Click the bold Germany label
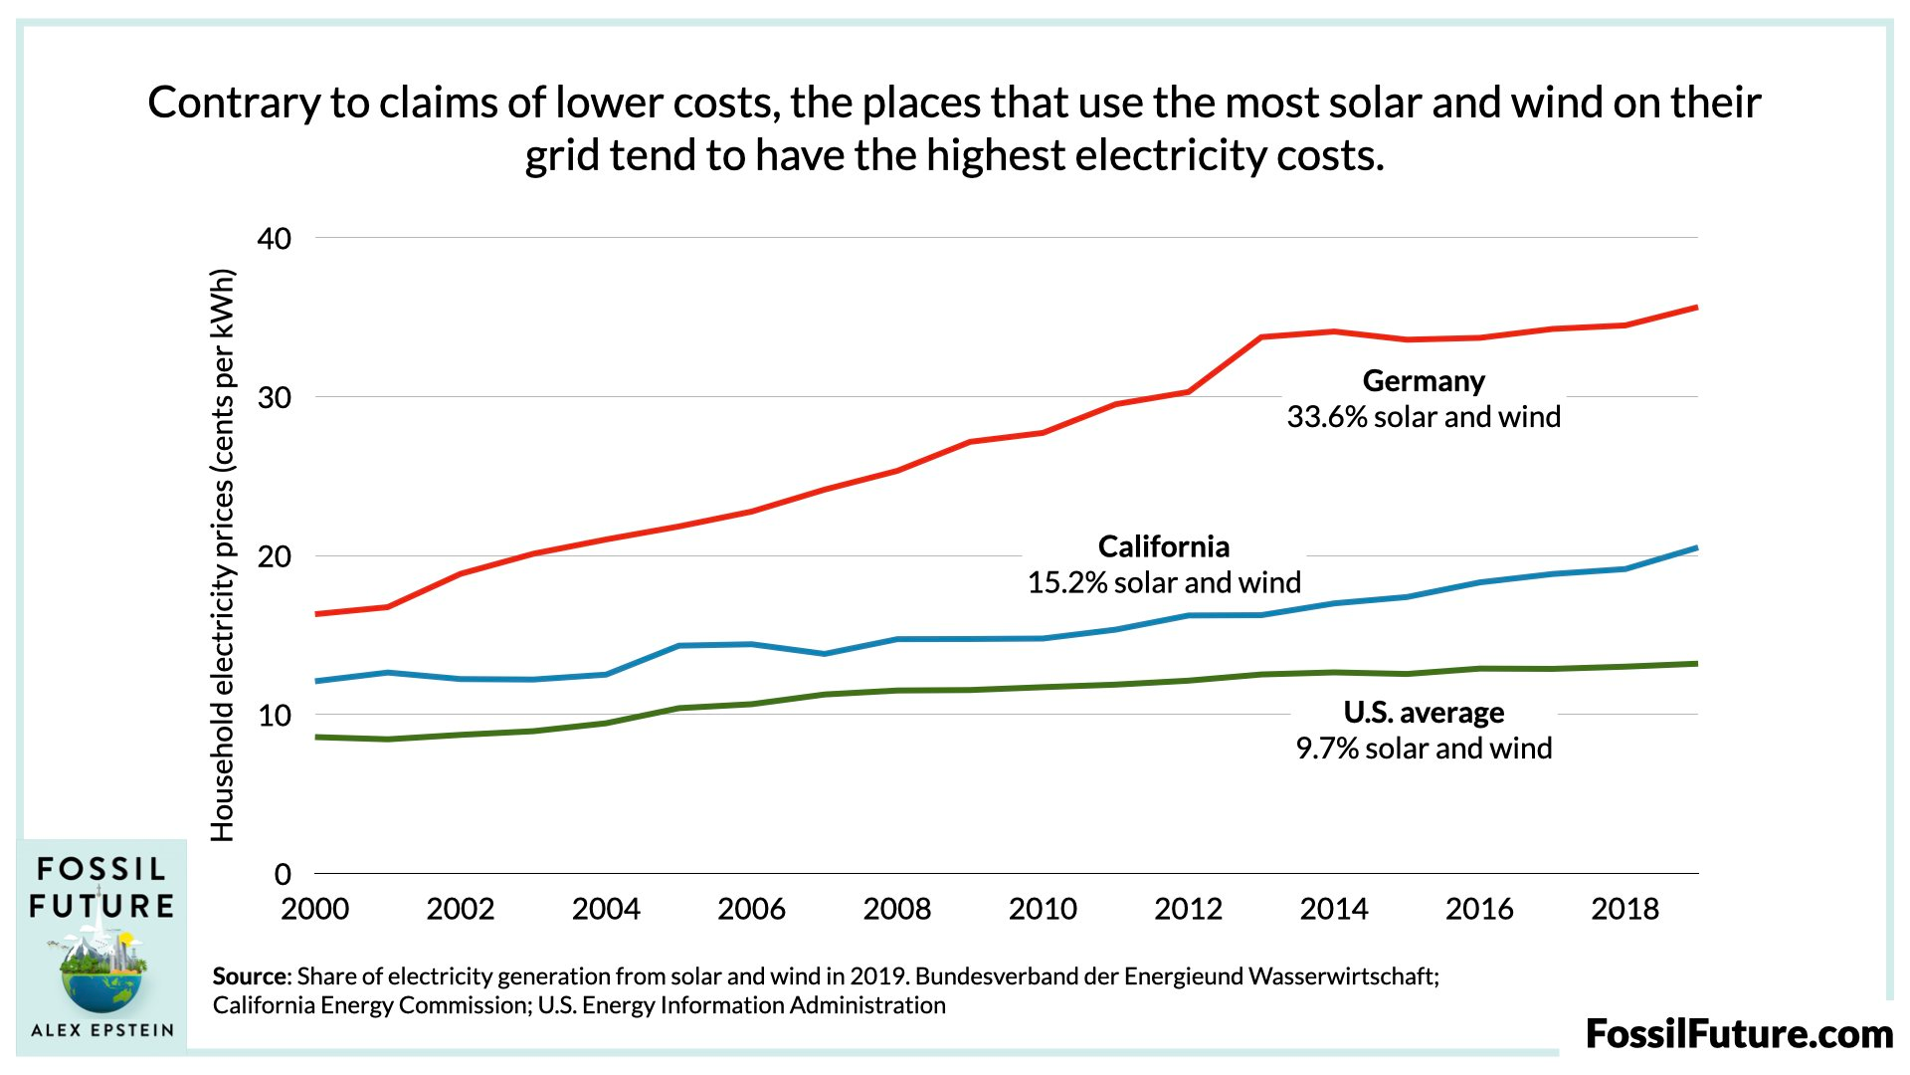click(x=1423, y=381)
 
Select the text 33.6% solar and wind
click(x=1423, y=417)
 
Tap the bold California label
click(x=1163, y=546)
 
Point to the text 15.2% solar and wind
click(x=1163, y=582)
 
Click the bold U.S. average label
click(x=1423, y=713)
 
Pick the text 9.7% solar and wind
click(x=1423, y=749)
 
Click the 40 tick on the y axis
click(x=274, y=239)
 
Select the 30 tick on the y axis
click(x=274, y=398)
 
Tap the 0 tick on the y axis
click(x=283, y=875)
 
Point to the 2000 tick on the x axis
click(x=315, y=909)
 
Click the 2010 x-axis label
click(x=1043, y=909)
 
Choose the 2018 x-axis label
click(x=1624, y=909)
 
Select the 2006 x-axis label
click(x=751, y=909)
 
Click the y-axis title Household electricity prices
click(x=223, y=555)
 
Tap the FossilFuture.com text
click(x=1738, y=1034)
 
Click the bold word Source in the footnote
click(x=249, y=976)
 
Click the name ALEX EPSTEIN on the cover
click(x=101, y=1030)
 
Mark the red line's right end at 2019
click(x=1696, y=308)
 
